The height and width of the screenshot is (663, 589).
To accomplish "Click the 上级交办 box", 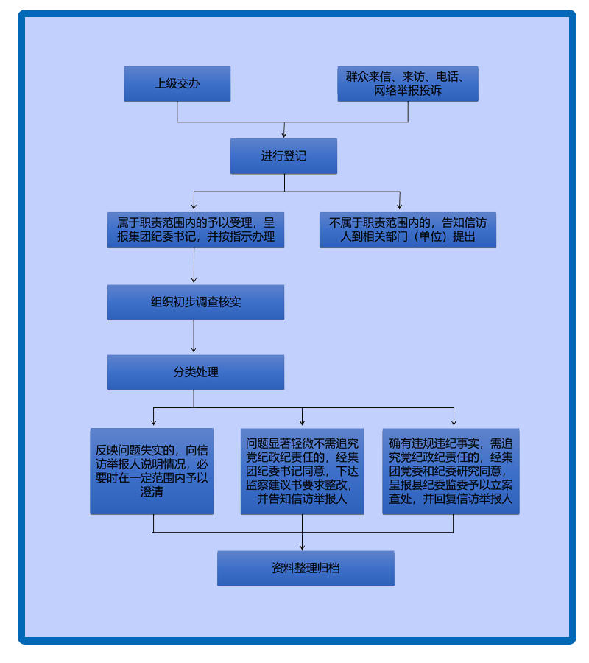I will pyautogui.click(x=177, y=84).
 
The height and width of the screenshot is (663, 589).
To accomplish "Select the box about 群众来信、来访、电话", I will pyautogui.click(x=408, y=84).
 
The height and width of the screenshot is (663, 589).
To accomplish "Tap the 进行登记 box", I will pyautogui.click(x=283, y=156).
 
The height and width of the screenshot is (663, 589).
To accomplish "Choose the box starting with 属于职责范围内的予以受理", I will pyautogui.click(x=195, y=230).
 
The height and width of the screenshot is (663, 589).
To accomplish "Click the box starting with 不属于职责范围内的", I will pyautogui.click(x=408, y=230).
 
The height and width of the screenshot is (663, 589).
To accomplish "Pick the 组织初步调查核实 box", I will pyautogui.click(x=195, y=302).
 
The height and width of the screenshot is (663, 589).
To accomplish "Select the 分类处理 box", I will pyautogui.click(x=195, y=372).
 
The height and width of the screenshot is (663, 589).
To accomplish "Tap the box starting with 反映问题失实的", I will pyautogui.click(x=152, y=471).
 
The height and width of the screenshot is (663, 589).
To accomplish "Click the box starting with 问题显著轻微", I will pyautogui.click(x=302, y=471).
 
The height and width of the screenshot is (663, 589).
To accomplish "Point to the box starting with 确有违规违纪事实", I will pyautogui.click(x=451, y=471).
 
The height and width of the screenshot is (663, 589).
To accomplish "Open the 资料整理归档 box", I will pyautogui.click(x=306, y=568).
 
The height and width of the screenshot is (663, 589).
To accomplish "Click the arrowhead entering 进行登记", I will pyautogui.click(x=284, y=135).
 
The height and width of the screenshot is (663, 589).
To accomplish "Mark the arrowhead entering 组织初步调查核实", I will pyautogui.click(x=194, y=281).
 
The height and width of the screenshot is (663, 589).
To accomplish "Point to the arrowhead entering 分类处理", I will pyautogui.click(x=194, y=351).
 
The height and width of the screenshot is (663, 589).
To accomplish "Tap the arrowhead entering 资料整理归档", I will pyautogui.click(x=303, y=547).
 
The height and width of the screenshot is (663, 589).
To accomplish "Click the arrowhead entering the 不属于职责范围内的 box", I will pyautogui.click(x=400, y=207).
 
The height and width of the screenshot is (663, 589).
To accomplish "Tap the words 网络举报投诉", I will pyautogui.click(x=408, y=91).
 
